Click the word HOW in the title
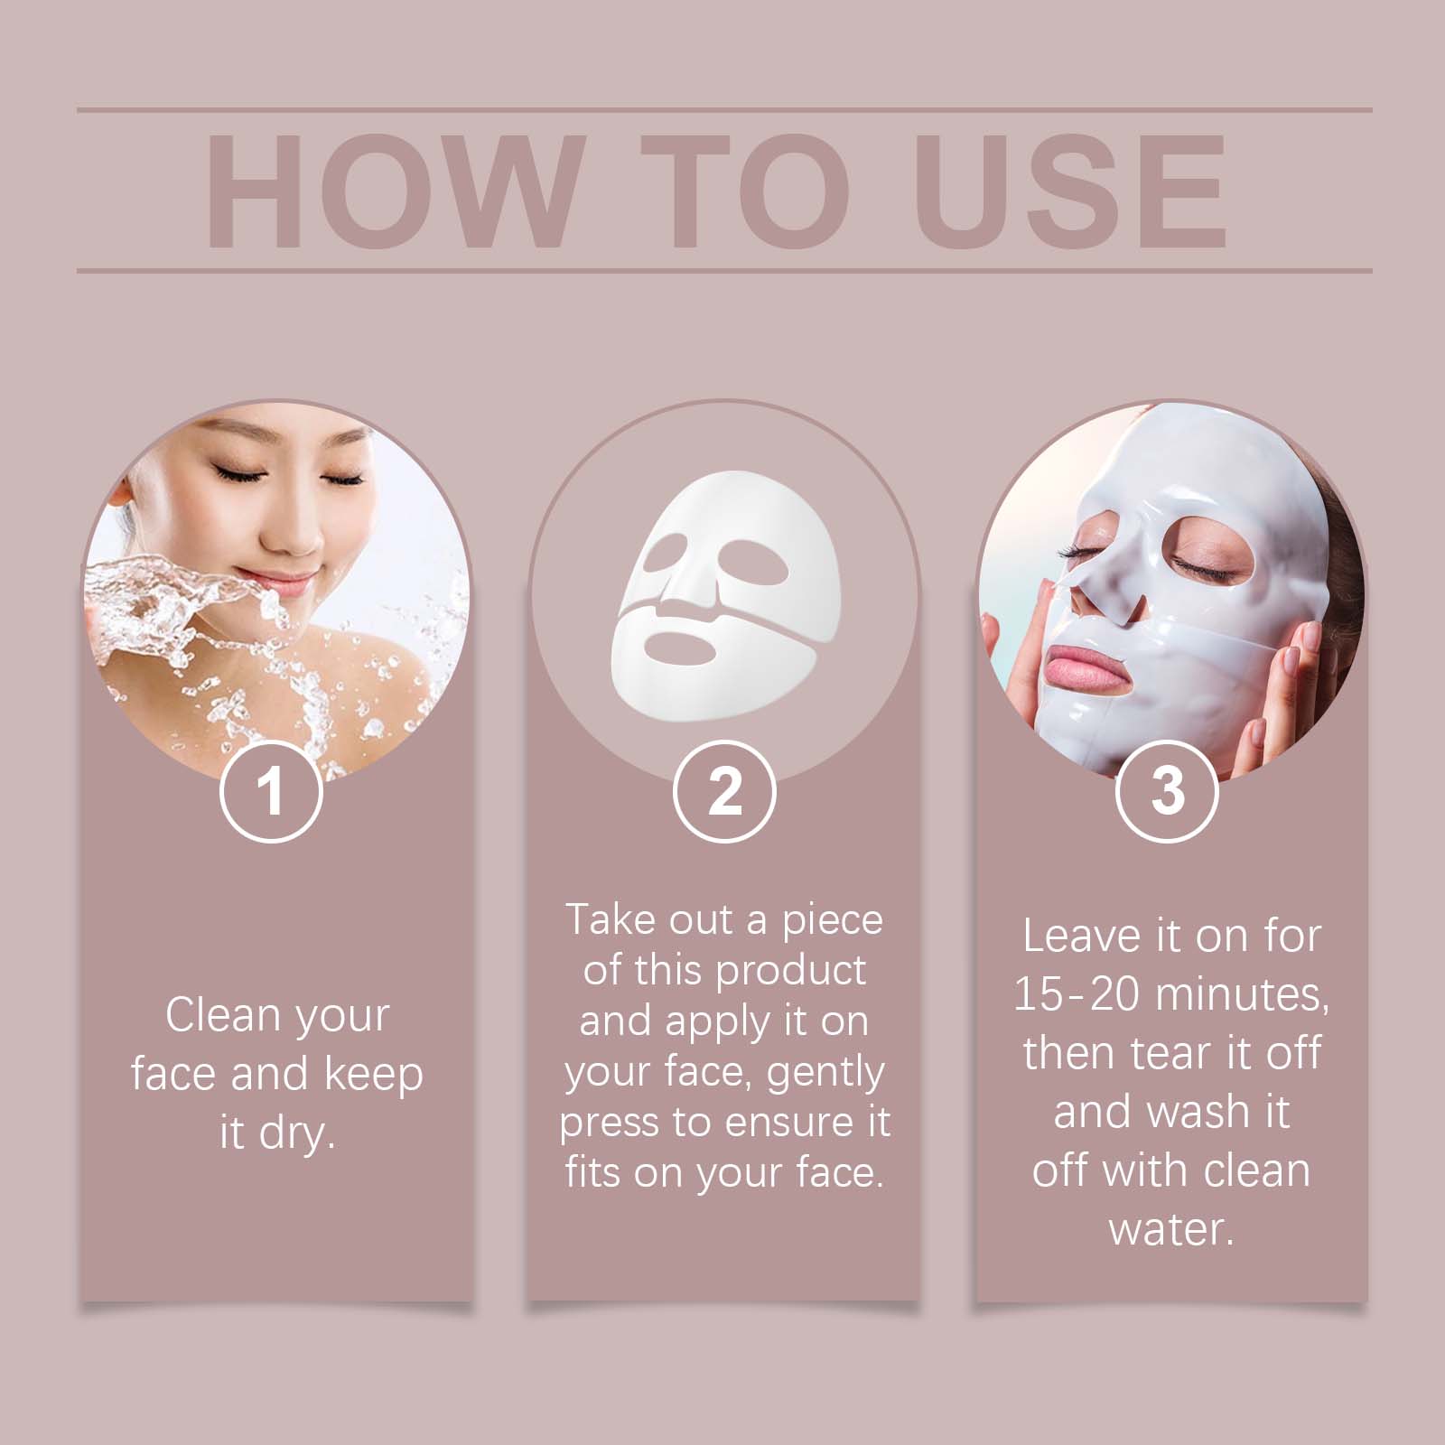click(x=390, y=191)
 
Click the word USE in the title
click(x=1070, y=191)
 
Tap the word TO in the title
click(x=746, y=191)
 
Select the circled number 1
click(x=271, y=791)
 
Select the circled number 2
click(x=724, y=791)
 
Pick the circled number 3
click(x=1168, y=791)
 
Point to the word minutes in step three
click(x=1242, y=995)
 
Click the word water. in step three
click(x=1171, y=1229)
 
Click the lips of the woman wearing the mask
click(x=1085, y=655)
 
